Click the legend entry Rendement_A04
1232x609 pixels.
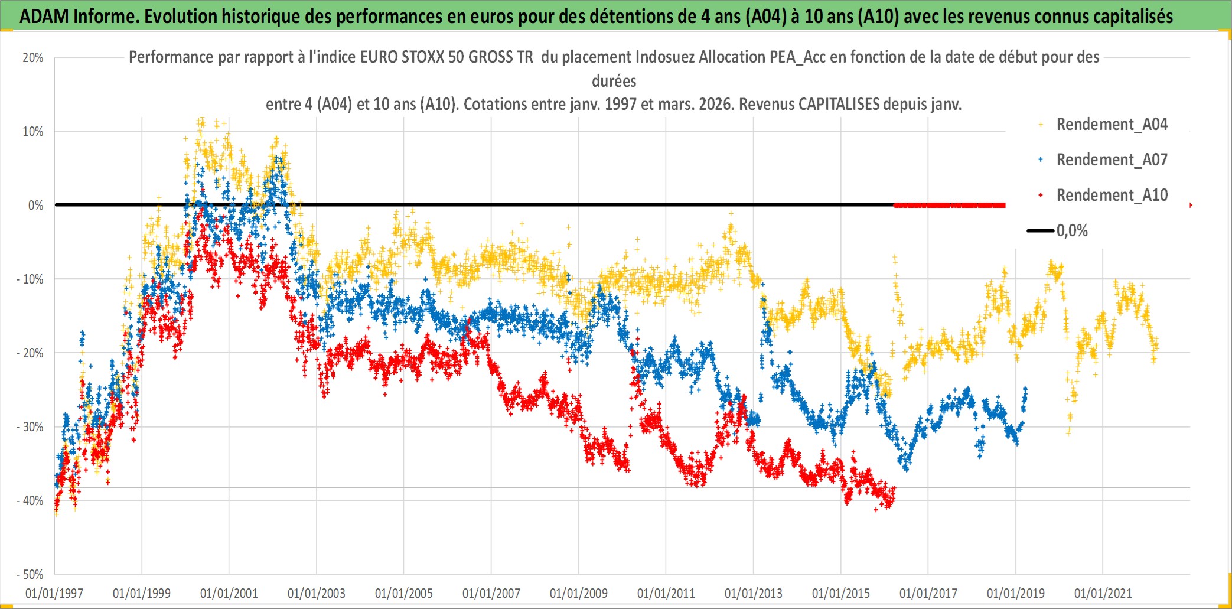click(x=1111, y=125)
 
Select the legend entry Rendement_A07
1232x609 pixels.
click(x=1111, y=160)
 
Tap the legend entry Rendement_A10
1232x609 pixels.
click(x=1111, y=196)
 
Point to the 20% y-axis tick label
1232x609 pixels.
click(x=33, y=58)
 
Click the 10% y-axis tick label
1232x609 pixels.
click(x=33, y=132)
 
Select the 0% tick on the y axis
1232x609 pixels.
click(x=35, y=206)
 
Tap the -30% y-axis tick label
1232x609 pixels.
click(x=30, y=427)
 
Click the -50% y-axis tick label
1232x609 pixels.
click(x=30, y=575)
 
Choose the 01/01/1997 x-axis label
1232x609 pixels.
click(x=54, y=593)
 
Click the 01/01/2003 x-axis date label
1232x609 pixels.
click(x=317, y=593)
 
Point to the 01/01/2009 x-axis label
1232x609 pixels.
click(x=579, y=593)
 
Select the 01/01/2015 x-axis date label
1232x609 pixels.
click(x=841, y=593)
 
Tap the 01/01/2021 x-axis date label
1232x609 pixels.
click(x=1103, y=593)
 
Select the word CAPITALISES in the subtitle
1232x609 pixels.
click(x=839, y=105)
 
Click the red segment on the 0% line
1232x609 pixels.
click(x=950, y=206)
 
